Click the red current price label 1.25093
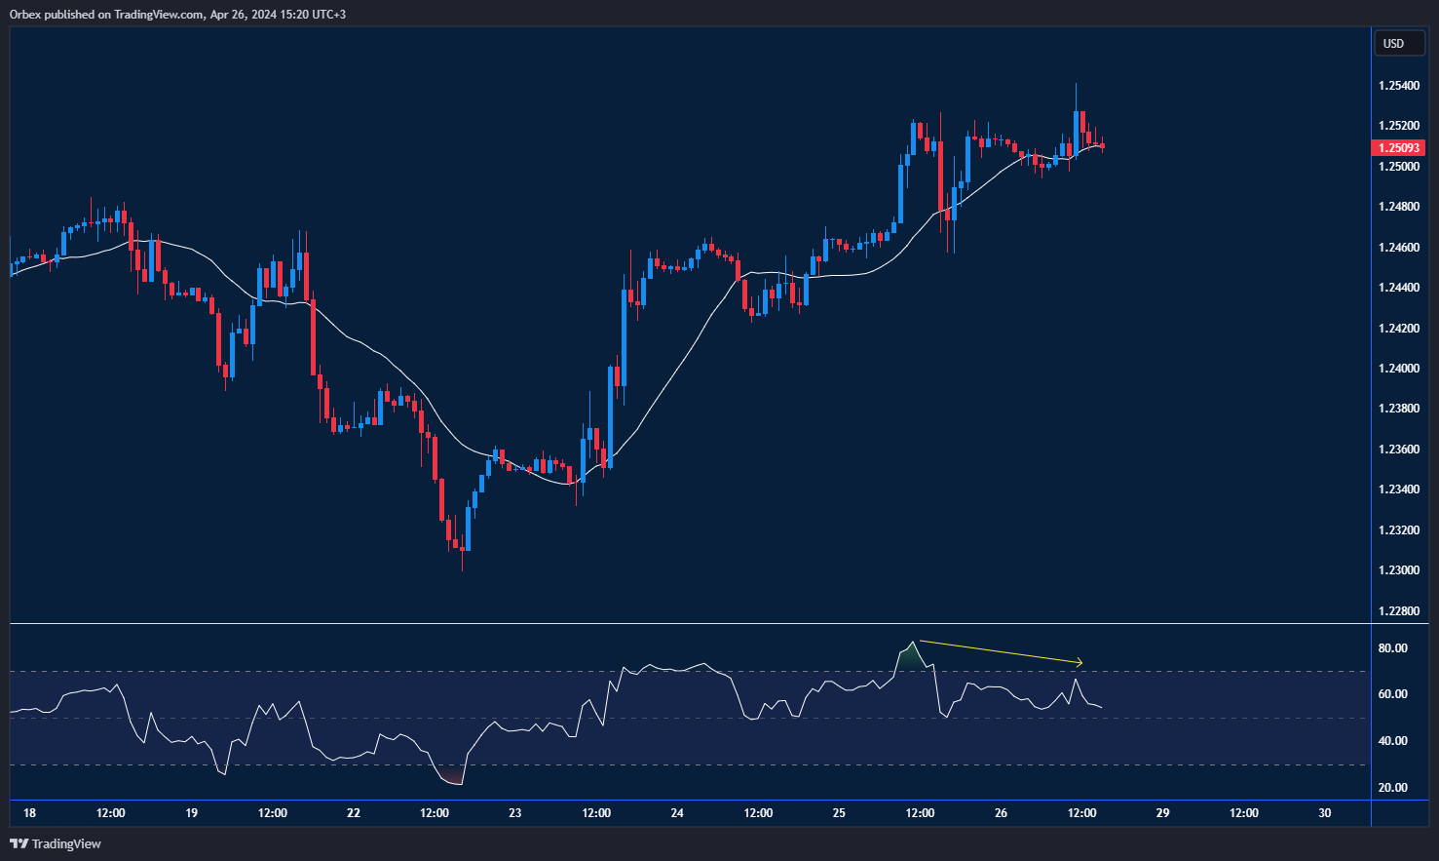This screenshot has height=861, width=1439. point(1398,148)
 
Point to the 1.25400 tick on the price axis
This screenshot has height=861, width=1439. point(1398,86)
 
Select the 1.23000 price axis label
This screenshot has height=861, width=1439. point(1398,570)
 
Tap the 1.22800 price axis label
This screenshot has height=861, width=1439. point(1398,611)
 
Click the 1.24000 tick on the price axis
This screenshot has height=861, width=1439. point(1398,369)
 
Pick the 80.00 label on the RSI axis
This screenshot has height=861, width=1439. point(1392,648)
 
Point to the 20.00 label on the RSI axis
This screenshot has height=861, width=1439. point(1392,788)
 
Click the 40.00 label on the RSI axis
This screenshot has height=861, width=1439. point(1392,741)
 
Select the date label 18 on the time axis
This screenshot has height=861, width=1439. point(29,813)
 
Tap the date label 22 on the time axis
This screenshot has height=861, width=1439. point(353,813)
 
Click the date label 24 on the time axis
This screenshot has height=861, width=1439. point(677,813)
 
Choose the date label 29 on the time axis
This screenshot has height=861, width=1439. point(1162,813)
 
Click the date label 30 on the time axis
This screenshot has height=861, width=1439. point(1324,813)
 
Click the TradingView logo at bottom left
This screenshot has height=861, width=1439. point(56,843)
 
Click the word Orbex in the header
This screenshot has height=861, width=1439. point(24,15)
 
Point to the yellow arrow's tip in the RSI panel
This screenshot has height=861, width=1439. point(1080,663)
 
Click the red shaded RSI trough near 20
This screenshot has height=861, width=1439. point(451,777)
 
